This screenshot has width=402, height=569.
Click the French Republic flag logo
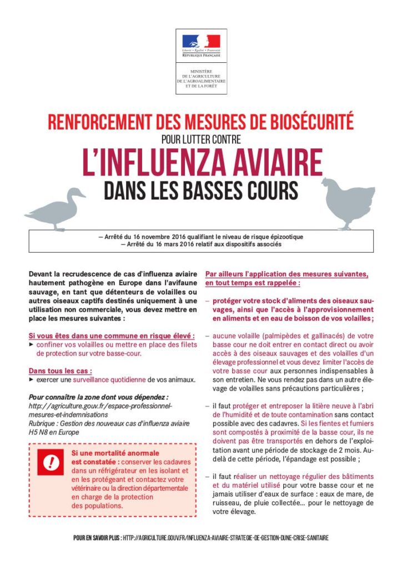201,42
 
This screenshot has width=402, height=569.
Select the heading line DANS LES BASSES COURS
201,190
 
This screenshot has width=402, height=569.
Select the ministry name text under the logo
201,79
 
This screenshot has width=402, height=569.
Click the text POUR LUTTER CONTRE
201,139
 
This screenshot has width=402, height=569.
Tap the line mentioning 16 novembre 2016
201,237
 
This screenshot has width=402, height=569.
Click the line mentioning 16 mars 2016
201,244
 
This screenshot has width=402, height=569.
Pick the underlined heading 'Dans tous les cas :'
60,371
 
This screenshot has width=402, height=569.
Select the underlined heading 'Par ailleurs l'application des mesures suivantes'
287,274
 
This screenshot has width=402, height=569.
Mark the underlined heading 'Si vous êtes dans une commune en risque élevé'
112,336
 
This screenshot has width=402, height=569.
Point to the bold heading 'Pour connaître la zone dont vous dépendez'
98,397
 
